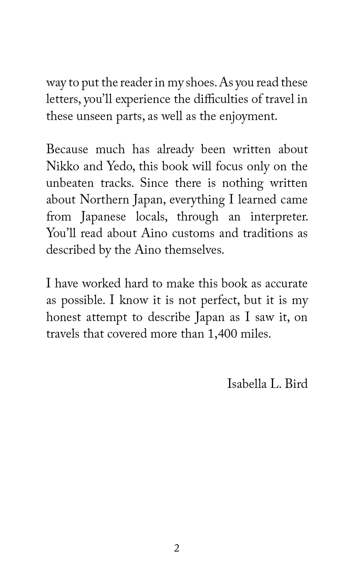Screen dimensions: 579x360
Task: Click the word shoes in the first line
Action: [200, 83]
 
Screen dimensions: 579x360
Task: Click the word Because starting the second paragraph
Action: [67, 150]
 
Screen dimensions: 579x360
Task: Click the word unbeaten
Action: [69, 183]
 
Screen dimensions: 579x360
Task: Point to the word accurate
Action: [285, 284]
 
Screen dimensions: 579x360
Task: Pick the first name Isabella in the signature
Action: [247, 384]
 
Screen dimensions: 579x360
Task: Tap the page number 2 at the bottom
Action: [177, 549]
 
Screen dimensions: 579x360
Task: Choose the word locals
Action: [151, 217]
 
